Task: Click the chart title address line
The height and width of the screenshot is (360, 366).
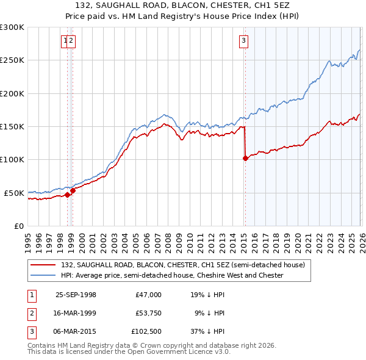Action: [x=182, y=4]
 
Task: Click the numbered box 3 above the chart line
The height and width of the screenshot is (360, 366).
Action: [x=243, y=41]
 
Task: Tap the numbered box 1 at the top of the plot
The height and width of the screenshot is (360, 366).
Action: [x=65, y=41]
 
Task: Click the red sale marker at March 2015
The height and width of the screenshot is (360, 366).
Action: [x=245, y=158]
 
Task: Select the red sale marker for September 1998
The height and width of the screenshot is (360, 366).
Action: [x=68, y=195]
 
